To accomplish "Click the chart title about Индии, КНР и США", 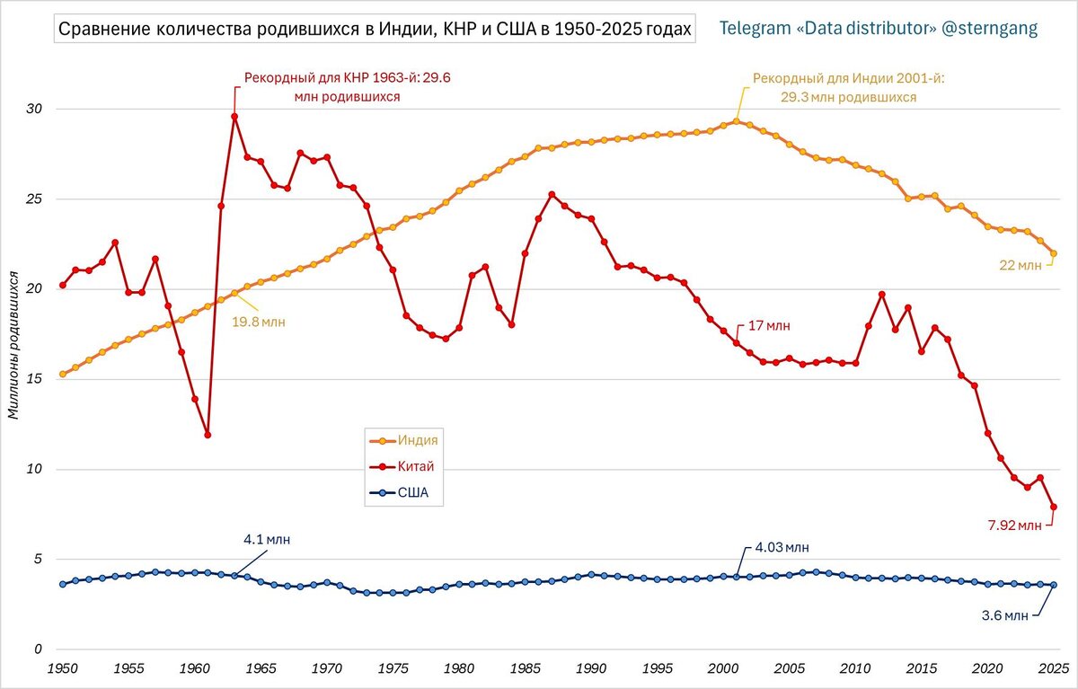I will [375, 29].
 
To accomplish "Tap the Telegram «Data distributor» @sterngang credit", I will [879, 29].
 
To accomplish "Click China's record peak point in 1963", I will [234, 116].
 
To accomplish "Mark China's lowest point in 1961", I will [208, 435].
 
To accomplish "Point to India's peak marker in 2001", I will [736, 121].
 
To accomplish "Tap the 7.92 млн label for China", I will [1012, 525].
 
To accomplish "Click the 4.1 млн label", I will [267, 540].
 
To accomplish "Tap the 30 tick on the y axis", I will [36, 109].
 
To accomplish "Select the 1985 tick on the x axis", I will [525, 668].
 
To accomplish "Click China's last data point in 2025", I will [1054, 507].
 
